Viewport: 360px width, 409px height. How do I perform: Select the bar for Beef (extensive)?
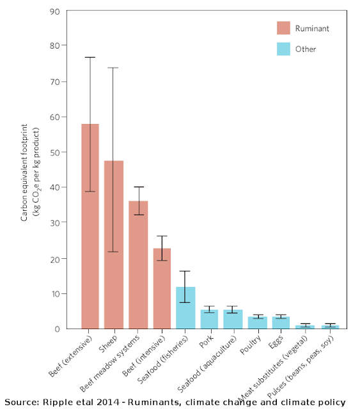click(x=90, y=226)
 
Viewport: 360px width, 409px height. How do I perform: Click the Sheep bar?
click(x=114, y=245)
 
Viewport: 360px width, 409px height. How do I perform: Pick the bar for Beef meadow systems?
click(x=138, y=265)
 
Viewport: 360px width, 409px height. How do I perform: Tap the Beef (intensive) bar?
click(x=162, y=288)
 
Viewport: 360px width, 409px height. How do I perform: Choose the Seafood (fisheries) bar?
click(x=185, y=308)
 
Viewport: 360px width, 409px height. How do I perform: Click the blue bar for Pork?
click(x=209, y=320)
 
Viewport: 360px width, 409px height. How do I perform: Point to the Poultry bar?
click(x=258, y=323)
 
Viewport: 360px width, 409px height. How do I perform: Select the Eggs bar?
click(x=281, y=323)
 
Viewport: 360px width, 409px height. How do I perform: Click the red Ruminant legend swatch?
click(x=283, y=28)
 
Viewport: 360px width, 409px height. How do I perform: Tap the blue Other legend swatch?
click(x=283, y=49)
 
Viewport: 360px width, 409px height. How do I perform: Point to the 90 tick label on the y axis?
click(x=55, y=12)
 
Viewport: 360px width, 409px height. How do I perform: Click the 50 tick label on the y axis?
click(x=55, y=152)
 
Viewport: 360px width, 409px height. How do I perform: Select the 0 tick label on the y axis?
click(x=57, y=329)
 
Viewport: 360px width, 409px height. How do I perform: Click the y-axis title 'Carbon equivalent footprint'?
click(x=24, y=173)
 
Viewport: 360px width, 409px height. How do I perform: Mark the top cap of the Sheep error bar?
click(x=113, y=68)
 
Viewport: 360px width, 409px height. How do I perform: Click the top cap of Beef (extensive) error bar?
click(x=90, y=57)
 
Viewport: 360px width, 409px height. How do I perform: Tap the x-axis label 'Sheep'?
click(x=108, y=344)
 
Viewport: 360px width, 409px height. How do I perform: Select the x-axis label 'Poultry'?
click(x=250, y=345)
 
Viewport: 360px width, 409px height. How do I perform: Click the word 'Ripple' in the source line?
click(x=54, y=403)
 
